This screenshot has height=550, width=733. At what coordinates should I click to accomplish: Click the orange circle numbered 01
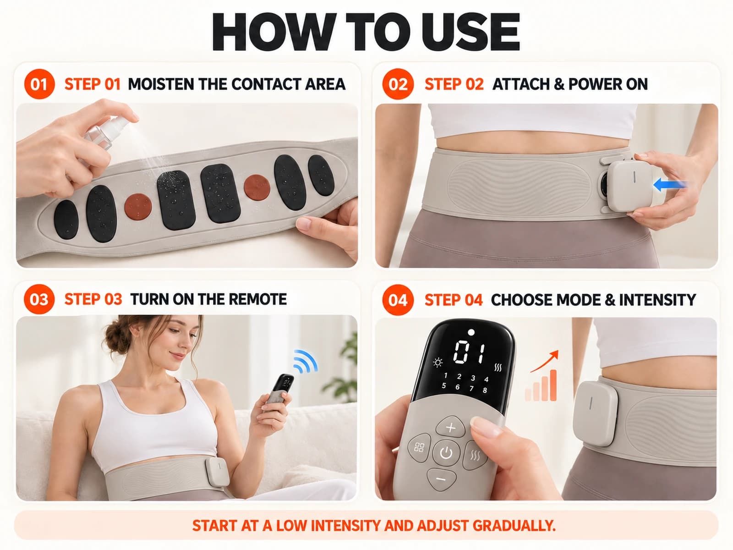39,84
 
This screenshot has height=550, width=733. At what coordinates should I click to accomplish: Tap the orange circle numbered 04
398,300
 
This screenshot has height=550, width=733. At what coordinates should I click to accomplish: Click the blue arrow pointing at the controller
669,184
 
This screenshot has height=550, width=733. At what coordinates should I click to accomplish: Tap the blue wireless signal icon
305,361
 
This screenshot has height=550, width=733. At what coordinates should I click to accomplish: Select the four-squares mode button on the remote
420,447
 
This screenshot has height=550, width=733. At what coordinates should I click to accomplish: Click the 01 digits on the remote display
469,352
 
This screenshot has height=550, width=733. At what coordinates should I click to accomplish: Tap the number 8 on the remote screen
485,390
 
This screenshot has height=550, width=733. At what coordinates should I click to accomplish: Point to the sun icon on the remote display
438,363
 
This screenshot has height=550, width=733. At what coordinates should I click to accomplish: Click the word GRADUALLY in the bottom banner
514,526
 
